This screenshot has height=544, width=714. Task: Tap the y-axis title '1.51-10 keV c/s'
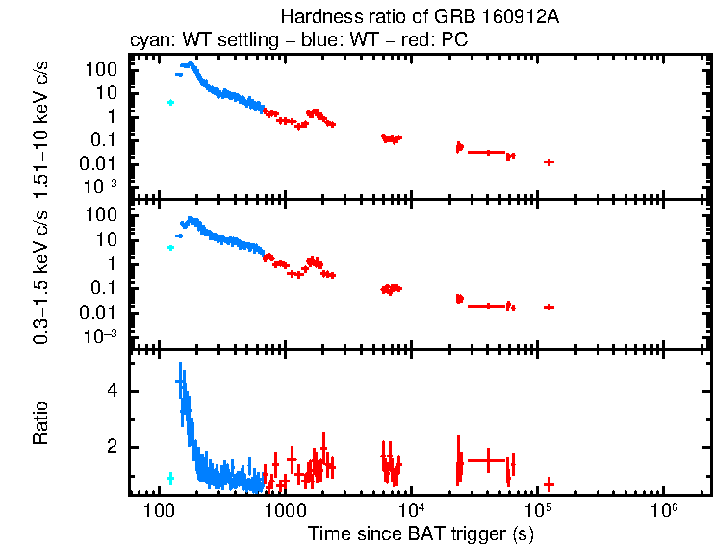click(42, 126)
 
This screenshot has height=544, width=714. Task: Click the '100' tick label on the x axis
click(158, 508)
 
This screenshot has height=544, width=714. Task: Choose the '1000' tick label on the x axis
click(283, 508)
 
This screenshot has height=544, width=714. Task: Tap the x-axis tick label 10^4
click(411, 507)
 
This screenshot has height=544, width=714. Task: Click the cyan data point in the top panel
click(170, 102)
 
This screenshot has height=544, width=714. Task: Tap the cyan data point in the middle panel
click(170, 248)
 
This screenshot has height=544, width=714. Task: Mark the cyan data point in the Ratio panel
click(170, 478)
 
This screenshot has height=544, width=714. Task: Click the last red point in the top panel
click(548, 162)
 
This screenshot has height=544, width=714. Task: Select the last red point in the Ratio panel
click(548, 483)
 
